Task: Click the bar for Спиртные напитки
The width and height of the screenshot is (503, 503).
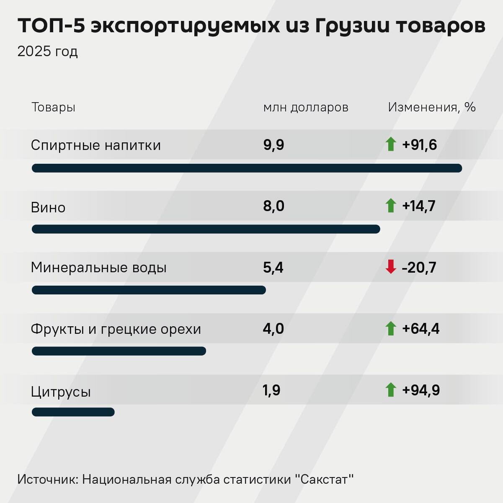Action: coord(247,168)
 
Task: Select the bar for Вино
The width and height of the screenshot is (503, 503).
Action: coord(206,229)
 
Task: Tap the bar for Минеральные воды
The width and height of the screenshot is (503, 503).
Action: coord(149,290)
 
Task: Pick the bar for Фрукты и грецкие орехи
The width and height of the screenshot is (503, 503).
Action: coord(119,351)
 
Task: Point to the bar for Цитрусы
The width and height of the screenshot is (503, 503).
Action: coord(73,412)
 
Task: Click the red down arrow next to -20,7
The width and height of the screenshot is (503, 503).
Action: coord(391,267)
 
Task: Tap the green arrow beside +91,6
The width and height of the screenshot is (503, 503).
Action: coord(391,144)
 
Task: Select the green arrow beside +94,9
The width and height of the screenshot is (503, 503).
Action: coord(391,390)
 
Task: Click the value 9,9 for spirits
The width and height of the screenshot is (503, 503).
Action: coord(273,145)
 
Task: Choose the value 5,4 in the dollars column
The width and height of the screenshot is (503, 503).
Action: coord(273,267)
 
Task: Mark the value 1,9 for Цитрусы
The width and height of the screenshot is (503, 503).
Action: coord(271,390)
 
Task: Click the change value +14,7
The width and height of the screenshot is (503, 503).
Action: coord(419,206)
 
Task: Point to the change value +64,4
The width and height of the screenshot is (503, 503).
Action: coord(420,329)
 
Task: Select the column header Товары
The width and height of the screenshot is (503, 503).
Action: coord(53,107)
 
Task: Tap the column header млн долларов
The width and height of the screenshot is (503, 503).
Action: coord(306,107)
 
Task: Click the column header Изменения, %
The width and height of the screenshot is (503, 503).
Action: coord(432,107)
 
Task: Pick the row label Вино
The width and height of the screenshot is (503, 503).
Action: coord(48,207)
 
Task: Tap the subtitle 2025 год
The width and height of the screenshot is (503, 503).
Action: coord(47,52)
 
